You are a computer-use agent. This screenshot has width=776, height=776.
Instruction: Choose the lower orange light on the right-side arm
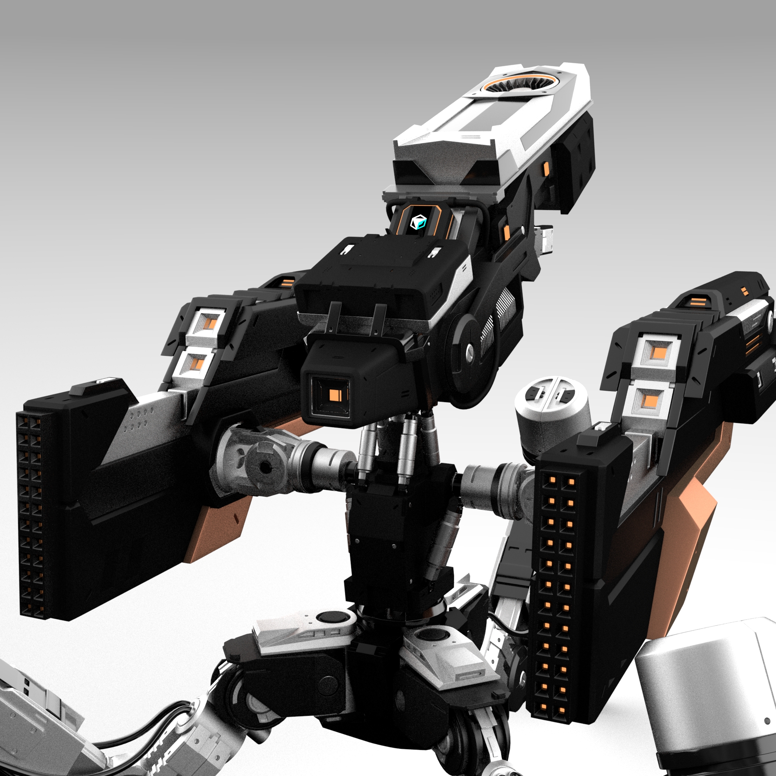(650, 400)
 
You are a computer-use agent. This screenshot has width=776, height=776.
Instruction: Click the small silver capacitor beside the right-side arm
(552, 410)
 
